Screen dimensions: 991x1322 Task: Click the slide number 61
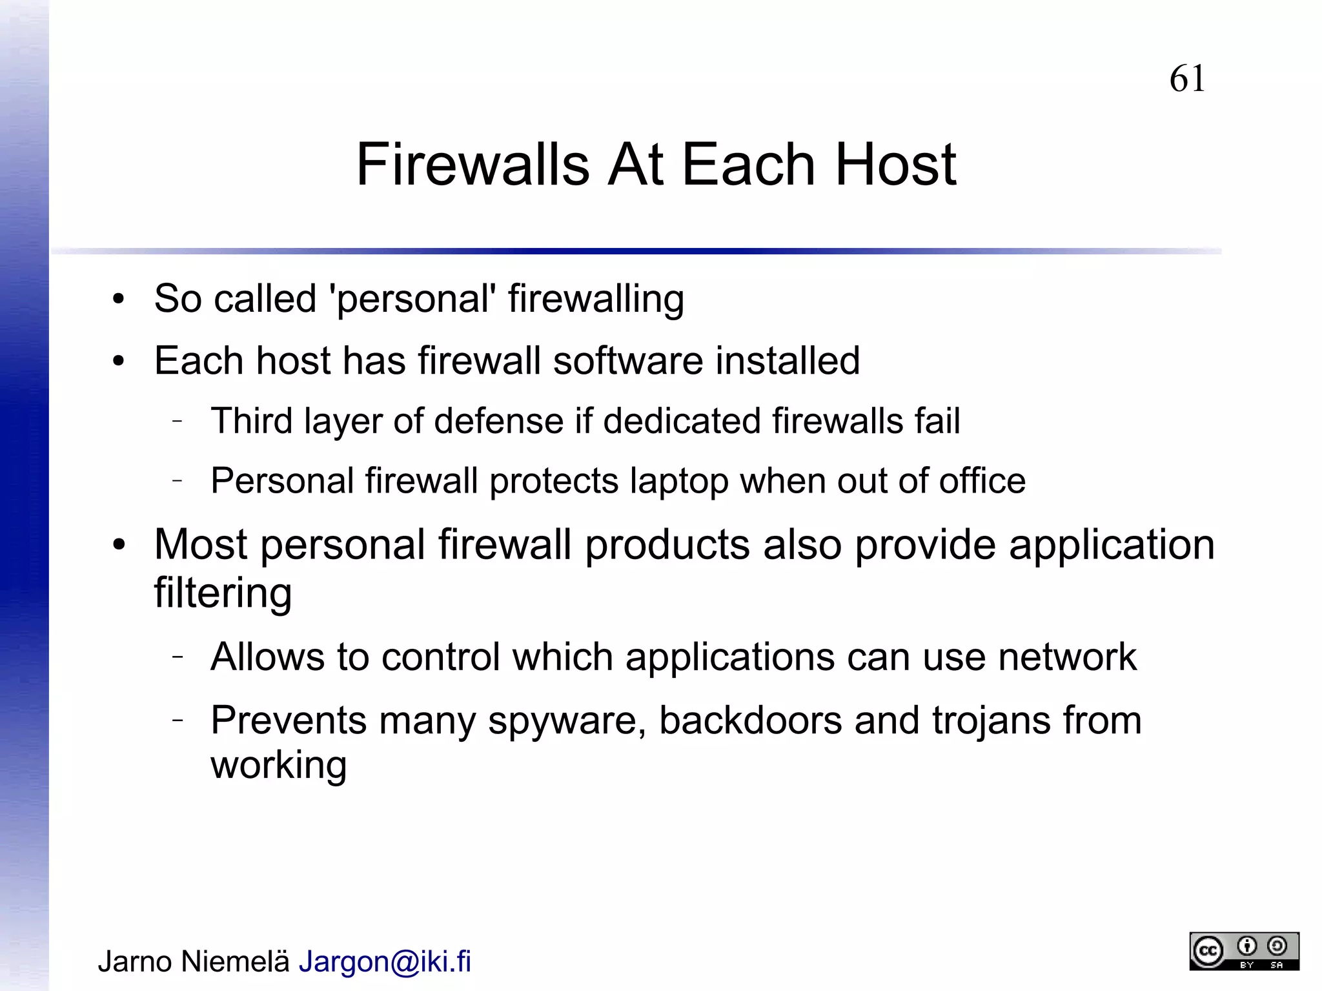pyautogui.click(x=1186, y=79)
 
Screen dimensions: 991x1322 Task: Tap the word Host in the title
pyautogui.click(x=895, y=165)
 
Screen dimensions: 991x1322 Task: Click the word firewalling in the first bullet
pyautogui.click(x=596, y=299)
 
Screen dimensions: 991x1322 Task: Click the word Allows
pyautogui.click(x=267, y=657)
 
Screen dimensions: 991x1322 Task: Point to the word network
pyautogui.click(x=1067, y=657)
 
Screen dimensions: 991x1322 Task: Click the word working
pyautogui.click(x=279, y=766)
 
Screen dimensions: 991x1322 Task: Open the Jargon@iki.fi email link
pyautogui.click(x=385, y=961)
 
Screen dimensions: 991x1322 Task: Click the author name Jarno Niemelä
pyautogui.click(x=194, y=961)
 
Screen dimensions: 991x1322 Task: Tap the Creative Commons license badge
pyautogui.click(x=1244, y=951)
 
